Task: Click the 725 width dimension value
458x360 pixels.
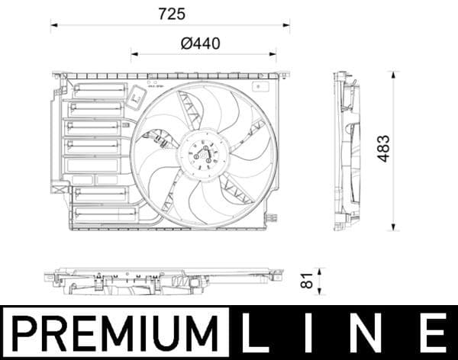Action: [171, 14]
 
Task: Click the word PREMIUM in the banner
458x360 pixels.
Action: [114, 333]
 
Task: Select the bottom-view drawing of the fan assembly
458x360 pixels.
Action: [168, 282]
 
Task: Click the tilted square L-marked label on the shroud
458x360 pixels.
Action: [137, 97]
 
